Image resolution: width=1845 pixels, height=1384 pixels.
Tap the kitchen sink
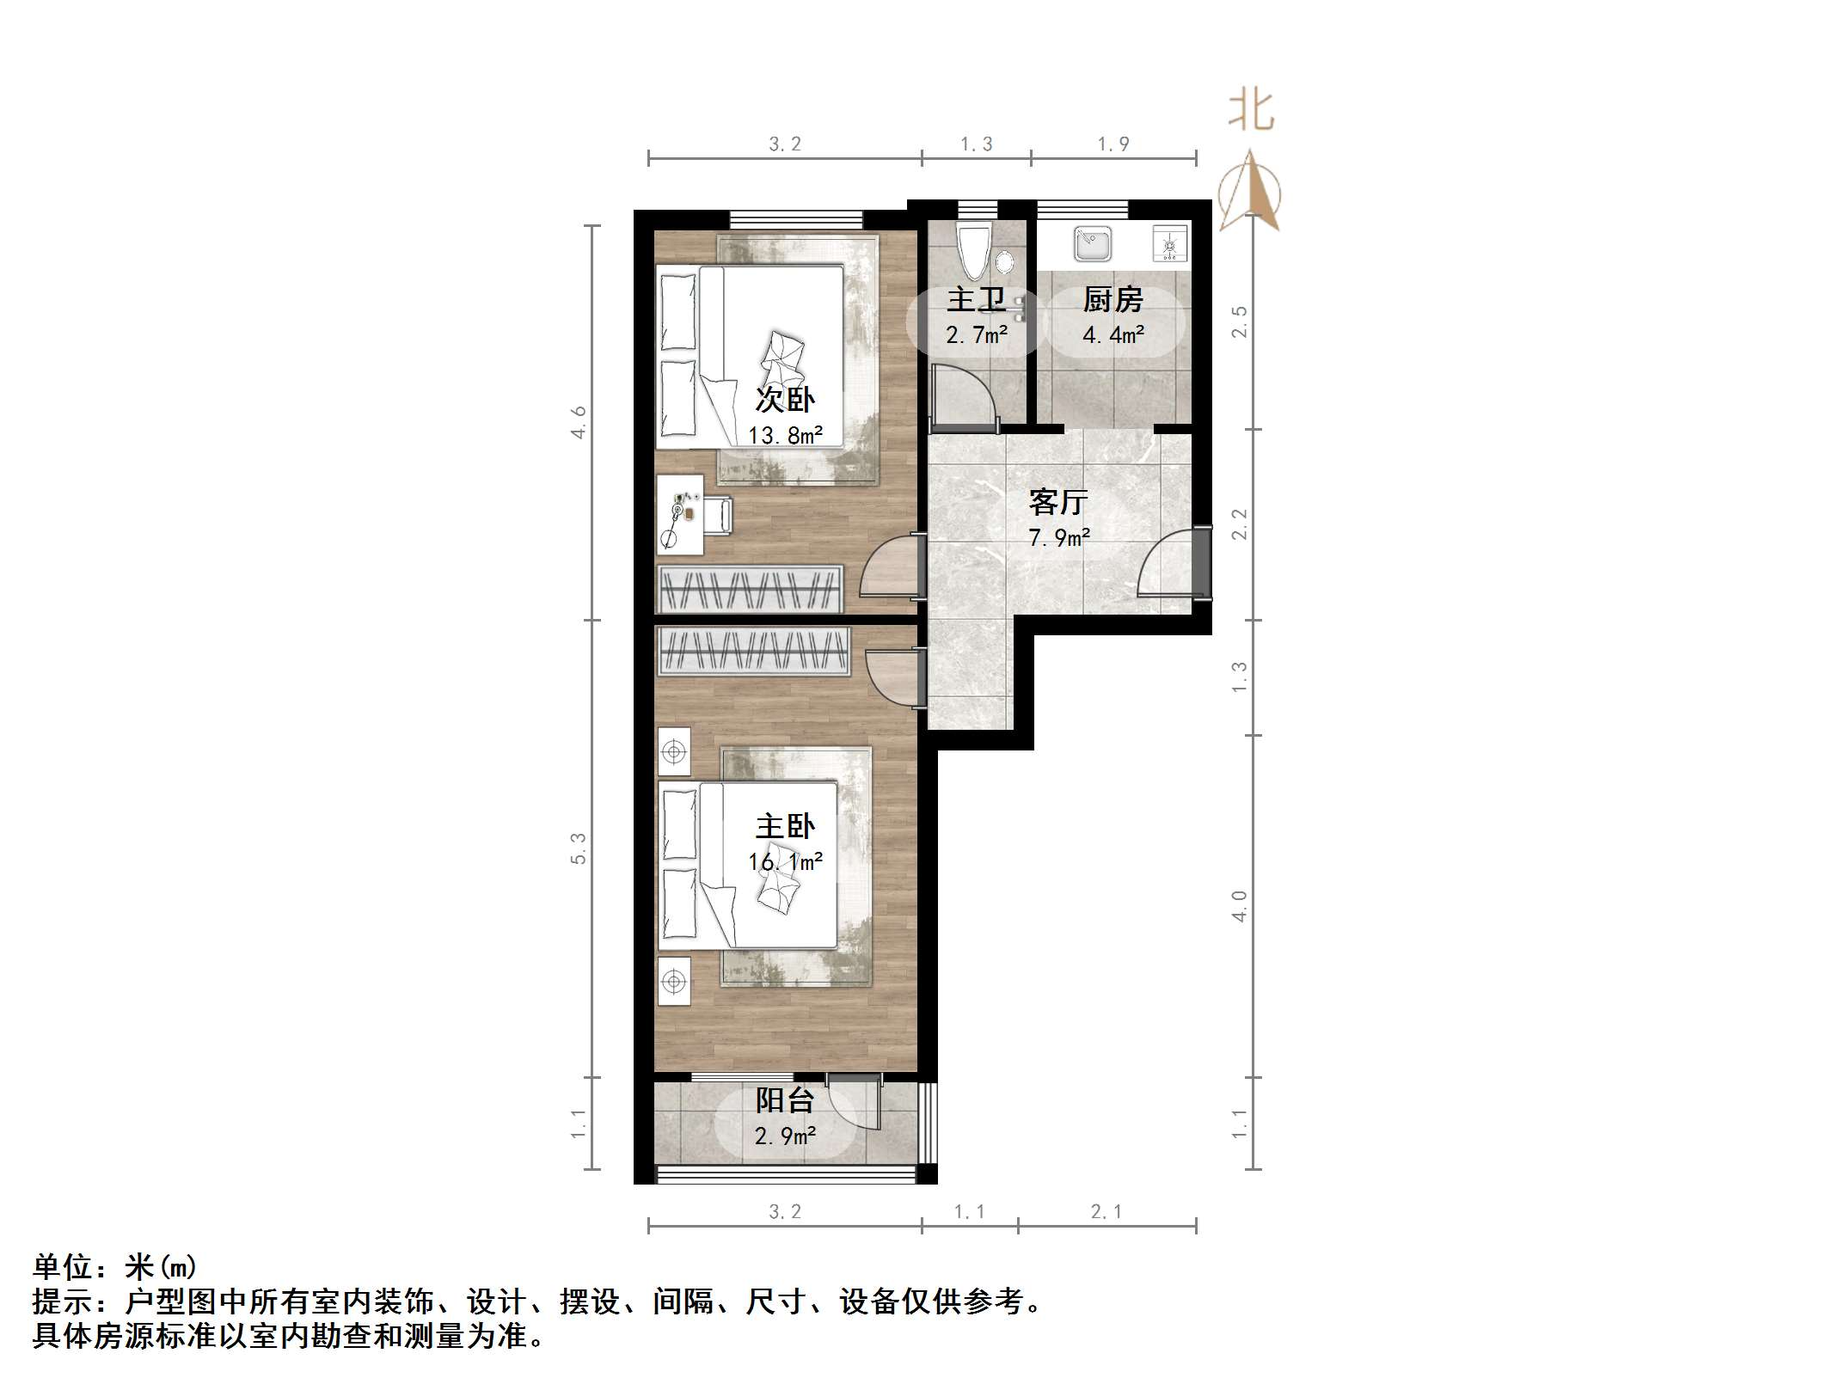pyautogui.click(x=1092, y=244)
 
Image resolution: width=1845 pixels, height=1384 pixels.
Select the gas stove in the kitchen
pyautogui.click(x=1169, y=245)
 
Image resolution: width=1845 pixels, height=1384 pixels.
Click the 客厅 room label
pyautogui.click(x=1058, y=501)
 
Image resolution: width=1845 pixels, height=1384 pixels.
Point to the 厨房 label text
pyautogui.click(x=1113, y=299)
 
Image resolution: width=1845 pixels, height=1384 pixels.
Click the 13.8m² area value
pyautogui.click(x=785, y=436)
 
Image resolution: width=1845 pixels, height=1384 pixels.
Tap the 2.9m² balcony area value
pyautogui.click(x=785, y=1136)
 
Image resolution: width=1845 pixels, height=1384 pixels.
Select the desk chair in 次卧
pyautogui.click(x=719, y=516)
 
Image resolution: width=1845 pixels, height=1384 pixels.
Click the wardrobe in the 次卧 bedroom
pyautogui.click(x=750, y=588)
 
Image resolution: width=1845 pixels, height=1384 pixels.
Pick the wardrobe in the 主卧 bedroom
pyautogui.click(x=753, y=651)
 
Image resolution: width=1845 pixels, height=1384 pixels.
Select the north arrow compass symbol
pyautogui.click(x=1251, y=193)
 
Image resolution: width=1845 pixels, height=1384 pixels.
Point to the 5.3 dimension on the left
pyautogui.click(x=579, y=848)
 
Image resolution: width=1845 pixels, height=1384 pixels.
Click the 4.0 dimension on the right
pyautogui.click(x=1239, y=906)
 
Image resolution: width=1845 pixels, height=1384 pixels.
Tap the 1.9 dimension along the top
pyautogui.click(x=1113, y=144)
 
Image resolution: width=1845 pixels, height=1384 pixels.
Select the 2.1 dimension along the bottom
pyautogui.click(x=1106, y=1212)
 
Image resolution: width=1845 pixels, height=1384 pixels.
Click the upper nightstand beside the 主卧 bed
pyautogui.click(x=674, y=753)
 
